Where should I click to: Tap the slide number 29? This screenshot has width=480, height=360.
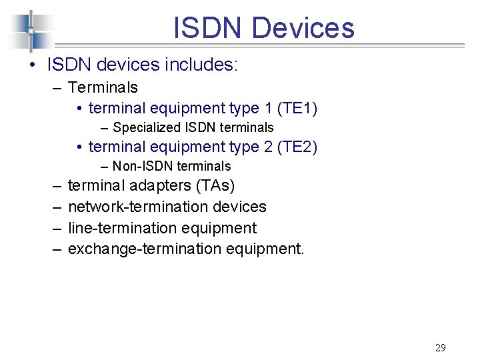(440, 347)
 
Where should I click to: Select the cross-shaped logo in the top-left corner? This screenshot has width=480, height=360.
(31, 31)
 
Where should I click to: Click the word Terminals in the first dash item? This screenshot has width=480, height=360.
(103, 87)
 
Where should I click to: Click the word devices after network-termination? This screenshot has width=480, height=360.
(239, 207)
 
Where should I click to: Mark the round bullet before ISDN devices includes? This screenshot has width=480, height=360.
(32, 65)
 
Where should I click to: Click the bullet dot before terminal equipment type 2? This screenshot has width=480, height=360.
(79, 147)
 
